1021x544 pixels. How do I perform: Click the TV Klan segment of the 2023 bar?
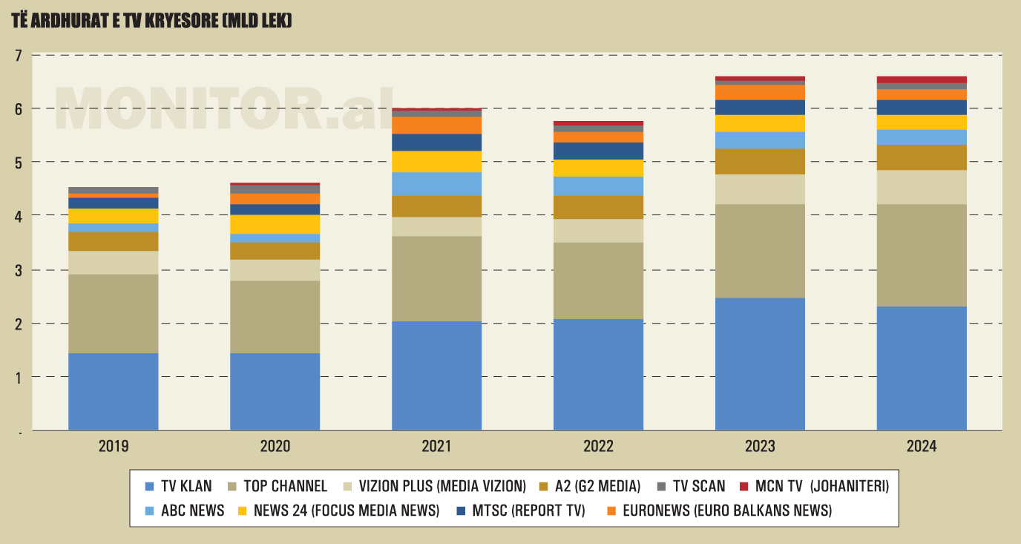click(x=760, y=364)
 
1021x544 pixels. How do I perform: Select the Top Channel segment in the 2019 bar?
click(x=114, y=314)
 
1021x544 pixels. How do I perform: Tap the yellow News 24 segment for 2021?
click(x=436, y=162)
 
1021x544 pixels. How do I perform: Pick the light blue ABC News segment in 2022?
click(x=599, y=186)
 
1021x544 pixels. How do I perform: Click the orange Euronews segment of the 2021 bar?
click(x=436, y=125)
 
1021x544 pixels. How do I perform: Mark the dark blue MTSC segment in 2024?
click(x=922, y=108)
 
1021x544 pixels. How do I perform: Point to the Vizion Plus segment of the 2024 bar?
click(x=922, y=188)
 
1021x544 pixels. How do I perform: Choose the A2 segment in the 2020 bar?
click(x=275, y=252)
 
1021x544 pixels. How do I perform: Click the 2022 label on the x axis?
click(x=599, y=446)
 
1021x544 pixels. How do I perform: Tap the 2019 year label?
click(x=114, y=446)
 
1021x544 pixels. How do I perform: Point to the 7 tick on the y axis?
click(x=18, y=56)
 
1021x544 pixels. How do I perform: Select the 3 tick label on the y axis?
click(x=18, y=270)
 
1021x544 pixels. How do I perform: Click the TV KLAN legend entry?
click(x=178, y=486)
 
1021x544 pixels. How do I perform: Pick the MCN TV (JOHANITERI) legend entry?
click(x=814, y=486)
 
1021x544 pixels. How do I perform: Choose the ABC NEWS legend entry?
click(x=185, y=511)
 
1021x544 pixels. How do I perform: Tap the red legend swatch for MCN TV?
click(x=743, y=487)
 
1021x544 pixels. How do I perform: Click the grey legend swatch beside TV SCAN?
click(x=661, y=487)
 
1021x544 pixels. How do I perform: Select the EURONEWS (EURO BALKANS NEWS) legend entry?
click(x=720, y=511)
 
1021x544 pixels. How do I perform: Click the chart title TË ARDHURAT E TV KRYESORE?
click(x=152, y=21)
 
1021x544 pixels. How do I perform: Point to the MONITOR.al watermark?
click(x=224, y=108)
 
